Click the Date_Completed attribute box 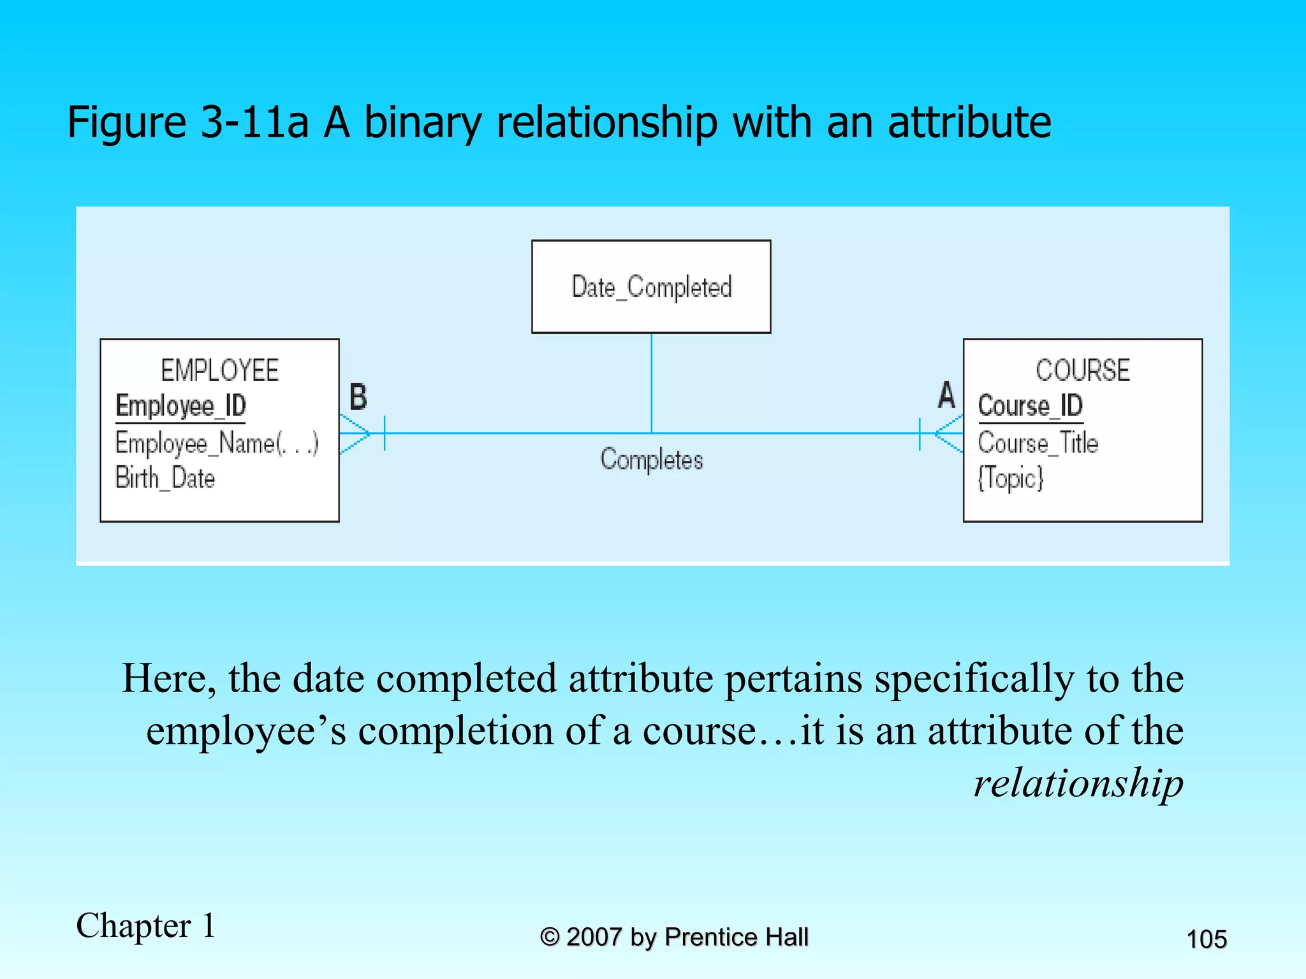coord(651,287)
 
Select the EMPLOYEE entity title coord(219,370)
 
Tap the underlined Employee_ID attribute coord(180,406)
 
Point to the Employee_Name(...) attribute coord(217,443)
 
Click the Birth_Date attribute coord(165,478)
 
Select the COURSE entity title coord(1082,370)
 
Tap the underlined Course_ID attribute coord(1030,406)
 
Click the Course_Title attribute coord(1038,443)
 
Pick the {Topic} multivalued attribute coord(1011,478)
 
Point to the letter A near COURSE coord(946,395)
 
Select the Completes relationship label coord(651,460)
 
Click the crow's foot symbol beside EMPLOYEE coord(356,434)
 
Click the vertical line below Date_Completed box coord(651,382)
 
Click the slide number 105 coord(1206,939)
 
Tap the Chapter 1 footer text coord(146,925)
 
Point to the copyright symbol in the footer coord(549,937)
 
